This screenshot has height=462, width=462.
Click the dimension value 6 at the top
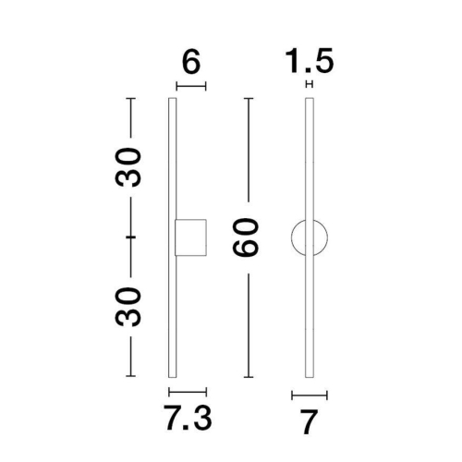pyautogui.click(x=191, y=64)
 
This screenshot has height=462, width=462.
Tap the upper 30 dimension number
pyautogui.click(x=132, y=166)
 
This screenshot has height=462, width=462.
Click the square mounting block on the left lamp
pyautogui.click(x=189, y=237)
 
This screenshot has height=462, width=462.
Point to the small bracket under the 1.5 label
pyautogui.click(x=310, y=85)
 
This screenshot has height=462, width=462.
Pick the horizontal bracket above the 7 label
pyautogui.click(x=310, y=395)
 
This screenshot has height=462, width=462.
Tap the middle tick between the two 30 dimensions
pyautogui.click(x=132, y=237)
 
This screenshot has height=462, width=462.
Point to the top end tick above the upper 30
pyautogui.click(x=132, y=97)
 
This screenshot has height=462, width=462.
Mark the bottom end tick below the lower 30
pyautogui.click(x=132, y=377)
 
